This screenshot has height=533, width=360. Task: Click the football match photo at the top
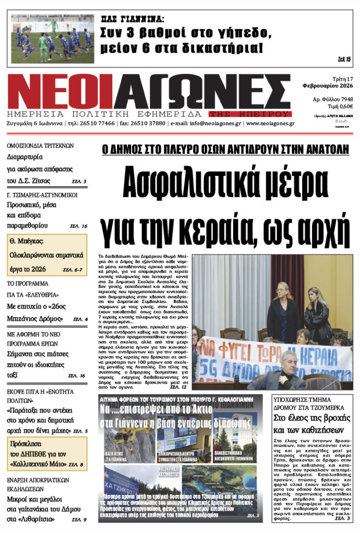pyautogui.click(x=53, y=39)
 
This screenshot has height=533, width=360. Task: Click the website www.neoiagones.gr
pyautogui.click(x=271, y=124)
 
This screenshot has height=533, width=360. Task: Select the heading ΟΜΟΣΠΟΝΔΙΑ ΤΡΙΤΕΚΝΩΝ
pyautogui.click(x=41, y=146)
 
